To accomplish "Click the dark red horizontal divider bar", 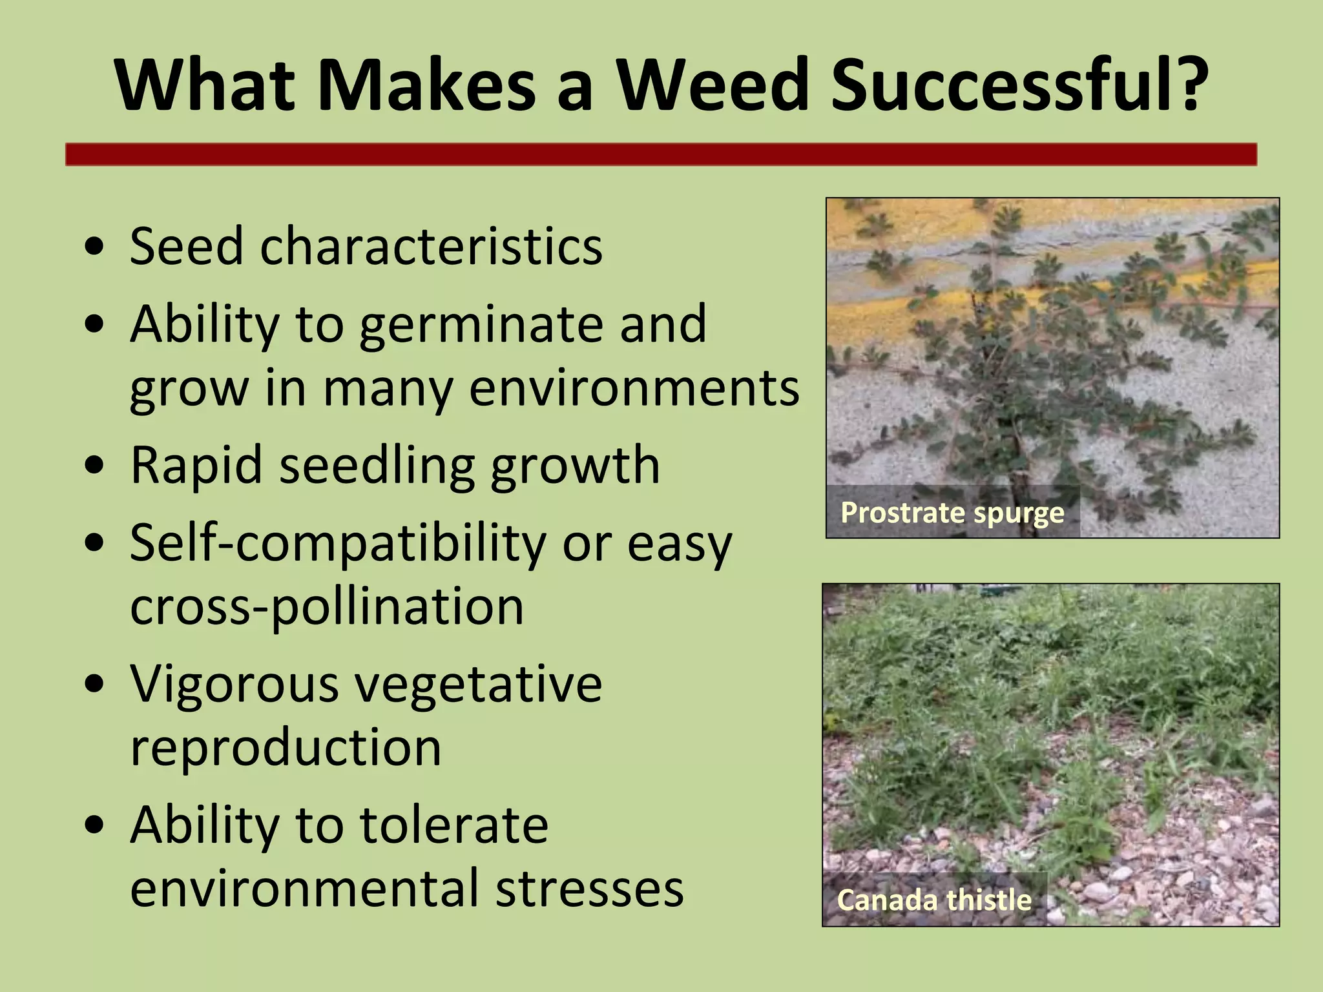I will coord(661,155).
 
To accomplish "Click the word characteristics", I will coord(431,247).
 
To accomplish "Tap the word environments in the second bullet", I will coord(634,389).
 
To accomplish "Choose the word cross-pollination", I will coord(327,607).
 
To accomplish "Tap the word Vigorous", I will coord(234,684).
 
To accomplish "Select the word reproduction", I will coord(286,748).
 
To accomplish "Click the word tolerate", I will coord(453,825).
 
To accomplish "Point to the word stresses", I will coord(589,889).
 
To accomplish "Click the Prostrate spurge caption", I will coord(952,513).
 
